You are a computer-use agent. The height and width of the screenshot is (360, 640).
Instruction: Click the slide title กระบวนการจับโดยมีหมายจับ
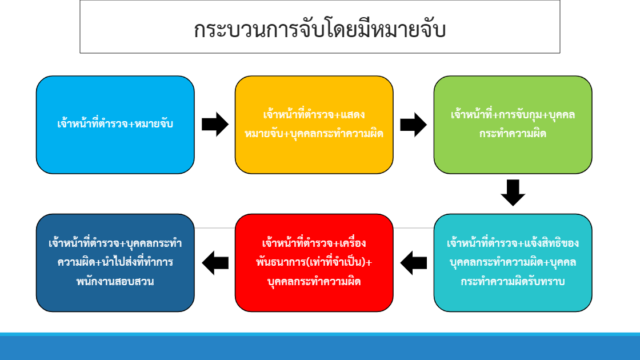click(319, 30)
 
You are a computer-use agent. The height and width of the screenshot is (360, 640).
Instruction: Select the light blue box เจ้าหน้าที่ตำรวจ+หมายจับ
click(115, 125)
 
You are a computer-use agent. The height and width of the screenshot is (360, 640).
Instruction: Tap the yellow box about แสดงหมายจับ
click(314, 125)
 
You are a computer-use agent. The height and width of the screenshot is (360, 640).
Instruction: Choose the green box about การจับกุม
click(513, 125)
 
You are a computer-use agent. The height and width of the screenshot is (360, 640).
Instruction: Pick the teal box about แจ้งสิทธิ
click(513, 263)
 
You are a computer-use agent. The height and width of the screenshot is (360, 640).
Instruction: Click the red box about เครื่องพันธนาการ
click(314, 263)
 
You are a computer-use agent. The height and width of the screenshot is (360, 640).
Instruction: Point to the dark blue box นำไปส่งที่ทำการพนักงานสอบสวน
click(115, 263)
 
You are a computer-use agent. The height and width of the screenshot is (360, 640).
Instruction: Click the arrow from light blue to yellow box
click(215, 125)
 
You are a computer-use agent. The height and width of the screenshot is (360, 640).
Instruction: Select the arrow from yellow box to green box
click(414, 125)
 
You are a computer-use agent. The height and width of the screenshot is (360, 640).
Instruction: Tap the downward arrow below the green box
click(513, 193)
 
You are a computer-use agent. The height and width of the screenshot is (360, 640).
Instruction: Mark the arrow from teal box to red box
click(414, 263)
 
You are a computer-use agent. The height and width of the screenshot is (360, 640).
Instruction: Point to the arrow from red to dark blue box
click(215, 263)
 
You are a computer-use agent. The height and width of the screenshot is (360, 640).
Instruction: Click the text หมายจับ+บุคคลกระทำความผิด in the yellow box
click(314, 134)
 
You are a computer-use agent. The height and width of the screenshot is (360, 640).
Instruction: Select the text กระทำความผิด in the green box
click(513, 134)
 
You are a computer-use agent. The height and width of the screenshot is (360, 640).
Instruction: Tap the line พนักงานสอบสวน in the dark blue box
click(115, 282)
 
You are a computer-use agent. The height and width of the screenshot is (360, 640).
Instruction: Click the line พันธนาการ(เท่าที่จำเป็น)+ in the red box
click(314, 262)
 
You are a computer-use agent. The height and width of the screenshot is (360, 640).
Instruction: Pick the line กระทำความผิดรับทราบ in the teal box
click(513, 282)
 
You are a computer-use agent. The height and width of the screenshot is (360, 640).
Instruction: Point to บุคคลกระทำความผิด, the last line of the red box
click(314, 282)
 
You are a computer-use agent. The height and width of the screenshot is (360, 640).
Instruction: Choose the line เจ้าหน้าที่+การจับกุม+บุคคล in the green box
click(513, 115)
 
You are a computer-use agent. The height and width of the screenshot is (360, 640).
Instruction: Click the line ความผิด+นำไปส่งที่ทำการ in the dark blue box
click(115, 262)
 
